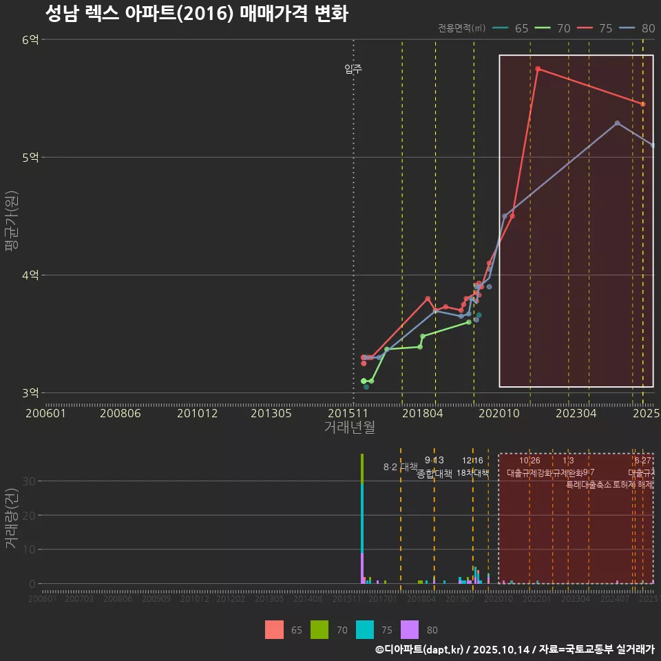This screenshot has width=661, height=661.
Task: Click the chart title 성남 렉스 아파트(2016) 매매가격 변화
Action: point(196,13)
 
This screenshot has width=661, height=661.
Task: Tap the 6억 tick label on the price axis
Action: point(30,40)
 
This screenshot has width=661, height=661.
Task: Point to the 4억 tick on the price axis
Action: point(30,275)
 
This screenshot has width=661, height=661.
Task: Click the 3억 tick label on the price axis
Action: point(30,393)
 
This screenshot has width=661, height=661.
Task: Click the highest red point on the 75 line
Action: point(538,69)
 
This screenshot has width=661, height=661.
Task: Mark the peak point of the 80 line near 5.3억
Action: point(617,123)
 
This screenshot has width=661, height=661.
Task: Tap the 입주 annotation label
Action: point(353,69)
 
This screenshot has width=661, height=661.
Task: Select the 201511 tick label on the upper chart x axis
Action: point(347,414)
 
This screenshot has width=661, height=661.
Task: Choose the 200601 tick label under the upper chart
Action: point(45,414)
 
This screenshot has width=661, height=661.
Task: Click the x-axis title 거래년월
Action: point(349,428)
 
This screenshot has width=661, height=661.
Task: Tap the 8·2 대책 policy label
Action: point(401,467)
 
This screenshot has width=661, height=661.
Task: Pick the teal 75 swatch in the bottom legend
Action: point(365,630)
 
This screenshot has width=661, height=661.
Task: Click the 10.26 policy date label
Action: point(529,461)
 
